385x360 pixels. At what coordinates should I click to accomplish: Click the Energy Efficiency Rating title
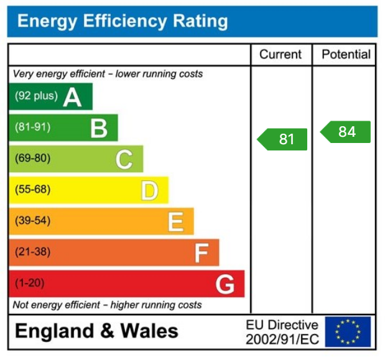click(122, 22)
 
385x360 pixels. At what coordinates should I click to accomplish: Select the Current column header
click(281, 55)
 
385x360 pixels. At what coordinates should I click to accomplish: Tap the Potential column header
click(346, 55)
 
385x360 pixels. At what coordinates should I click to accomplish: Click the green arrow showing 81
click(283, 139)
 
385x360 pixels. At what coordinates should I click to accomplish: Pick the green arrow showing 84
click(346, 132)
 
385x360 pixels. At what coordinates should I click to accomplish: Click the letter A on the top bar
click(72, 97)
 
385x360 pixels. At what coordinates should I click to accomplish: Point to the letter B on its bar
click(98, 128)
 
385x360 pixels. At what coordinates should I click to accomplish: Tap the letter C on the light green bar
click(124, 160)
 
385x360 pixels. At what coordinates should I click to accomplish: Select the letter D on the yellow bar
click(149, 191)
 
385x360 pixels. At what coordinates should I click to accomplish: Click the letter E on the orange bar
click(175, 222)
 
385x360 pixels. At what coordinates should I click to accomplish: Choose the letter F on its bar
click(201, 253)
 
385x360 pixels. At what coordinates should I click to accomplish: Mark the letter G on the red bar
click(225, 285)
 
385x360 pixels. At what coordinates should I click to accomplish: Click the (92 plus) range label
click(36, 96)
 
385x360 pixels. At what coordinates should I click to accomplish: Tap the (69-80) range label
click(32, 159)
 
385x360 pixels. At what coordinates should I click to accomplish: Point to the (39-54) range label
click(32, 221)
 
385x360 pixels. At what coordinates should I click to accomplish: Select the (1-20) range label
click(29, 284)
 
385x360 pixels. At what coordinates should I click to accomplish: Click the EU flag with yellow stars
click(348, 332)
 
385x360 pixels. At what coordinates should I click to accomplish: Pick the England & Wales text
click(96, 331)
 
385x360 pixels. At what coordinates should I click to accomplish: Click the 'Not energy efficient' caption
click(107, 305)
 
